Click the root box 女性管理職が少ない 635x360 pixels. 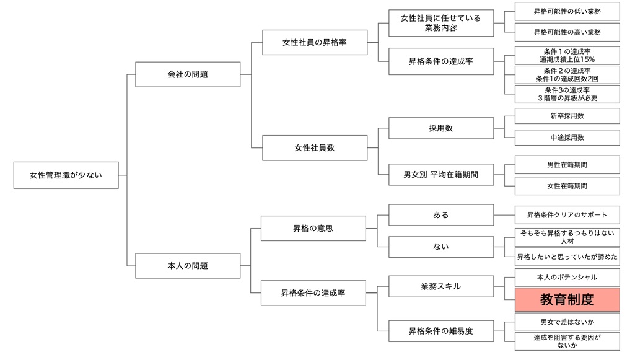[x=66, y=175]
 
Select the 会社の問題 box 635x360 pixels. [x=188, y=74]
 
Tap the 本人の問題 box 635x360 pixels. [x=188, y=265]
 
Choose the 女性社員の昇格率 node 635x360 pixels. [x=313, y=42]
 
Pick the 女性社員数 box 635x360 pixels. [x=313, y=147]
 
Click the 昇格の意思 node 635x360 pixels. [x=313, y=228]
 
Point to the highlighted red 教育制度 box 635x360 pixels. [x=567, y=300]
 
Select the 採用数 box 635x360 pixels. [x=440, y=128]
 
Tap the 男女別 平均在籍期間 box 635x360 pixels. [x=440, y=175]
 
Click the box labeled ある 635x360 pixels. [x=440, y=215]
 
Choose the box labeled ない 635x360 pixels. [x=440, y=247]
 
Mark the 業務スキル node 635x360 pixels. [x=440, y=286]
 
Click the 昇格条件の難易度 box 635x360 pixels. [x=440, y=331]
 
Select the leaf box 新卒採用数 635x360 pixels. [x=567, y=116]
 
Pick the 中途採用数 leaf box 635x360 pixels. [x=567, y=138]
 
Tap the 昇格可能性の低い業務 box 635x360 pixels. [x=567, y=11]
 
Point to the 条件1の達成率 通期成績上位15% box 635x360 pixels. [x=567, y=55]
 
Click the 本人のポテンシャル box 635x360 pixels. [x=567, y=277]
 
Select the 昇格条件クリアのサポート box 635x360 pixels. [x=567, y=215]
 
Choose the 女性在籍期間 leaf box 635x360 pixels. [x=567, y=186]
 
